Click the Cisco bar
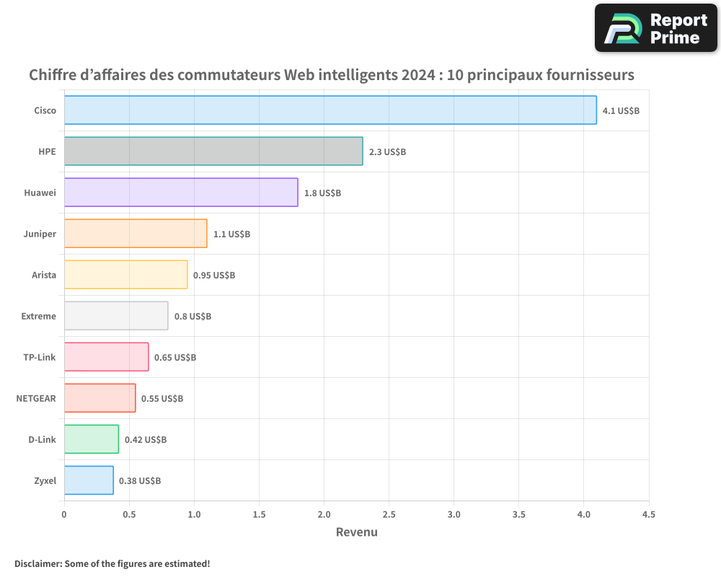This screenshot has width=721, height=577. click(x=330, y=110)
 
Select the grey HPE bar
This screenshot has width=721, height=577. click(x=213, y=151)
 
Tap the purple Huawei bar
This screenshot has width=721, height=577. click(x=181, y=193)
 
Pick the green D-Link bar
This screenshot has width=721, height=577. click(x=92, y=439)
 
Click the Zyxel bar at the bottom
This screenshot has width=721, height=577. click(x=89, y=480)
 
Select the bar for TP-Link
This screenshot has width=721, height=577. click(x=107, y=357)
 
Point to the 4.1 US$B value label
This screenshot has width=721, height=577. click(x=621, y=111)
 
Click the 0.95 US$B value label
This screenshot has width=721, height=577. click(x=214, y=276)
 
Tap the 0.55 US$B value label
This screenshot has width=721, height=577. click(x=162, y=399)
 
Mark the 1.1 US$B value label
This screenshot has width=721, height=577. click(x=231, y=234)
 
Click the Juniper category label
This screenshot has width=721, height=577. click(x=40, y=234)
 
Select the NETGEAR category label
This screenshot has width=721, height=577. click(x=36, y=398)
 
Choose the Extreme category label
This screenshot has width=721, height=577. click(x=39, y=316)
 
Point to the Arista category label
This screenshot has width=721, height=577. click(x=44, y=275)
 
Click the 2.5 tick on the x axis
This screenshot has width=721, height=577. click(x=389, y=515)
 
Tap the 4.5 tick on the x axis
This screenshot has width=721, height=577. click(x=648, y=515)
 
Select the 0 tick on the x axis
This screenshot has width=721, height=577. click(x=64, y=515)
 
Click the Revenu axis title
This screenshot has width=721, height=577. click(x=356, y=532)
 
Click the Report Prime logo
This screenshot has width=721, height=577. click(x=655, y=28)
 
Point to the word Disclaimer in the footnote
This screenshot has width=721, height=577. click(x=37, y=563)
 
